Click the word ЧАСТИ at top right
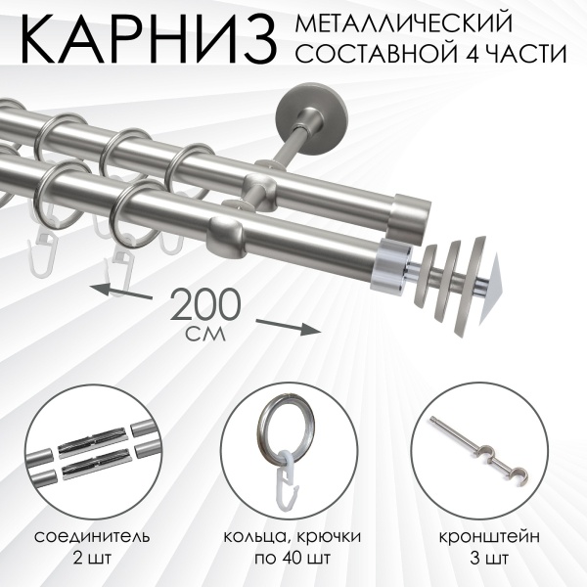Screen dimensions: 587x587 (529, 56)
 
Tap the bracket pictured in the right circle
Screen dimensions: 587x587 (484, 445)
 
